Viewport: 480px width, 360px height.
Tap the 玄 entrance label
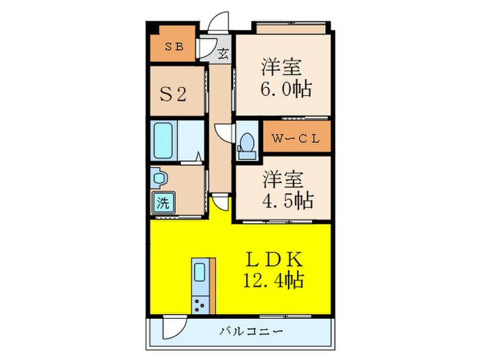tap(224, 53)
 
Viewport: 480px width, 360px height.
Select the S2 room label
tap(173, 94)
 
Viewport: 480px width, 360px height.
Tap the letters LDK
tap(275, 260)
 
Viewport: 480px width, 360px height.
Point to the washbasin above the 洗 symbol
tap(158, 178)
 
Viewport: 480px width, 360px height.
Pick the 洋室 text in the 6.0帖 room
tap(281, 68)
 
